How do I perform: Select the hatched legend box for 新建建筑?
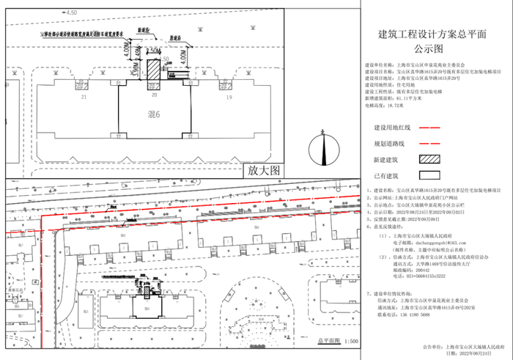(429, 158)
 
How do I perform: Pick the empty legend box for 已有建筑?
(429, 176)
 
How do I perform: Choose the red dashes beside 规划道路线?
(429, 143)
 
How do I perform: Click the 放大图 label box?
(265, 170)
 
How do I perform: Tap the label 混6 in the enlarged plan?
(154, 115)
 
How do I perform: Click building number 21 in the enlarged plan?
(84, 97)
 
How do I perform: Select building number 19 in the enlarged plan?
(229, 97)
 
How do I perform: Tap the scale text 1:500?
(350, 342)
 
